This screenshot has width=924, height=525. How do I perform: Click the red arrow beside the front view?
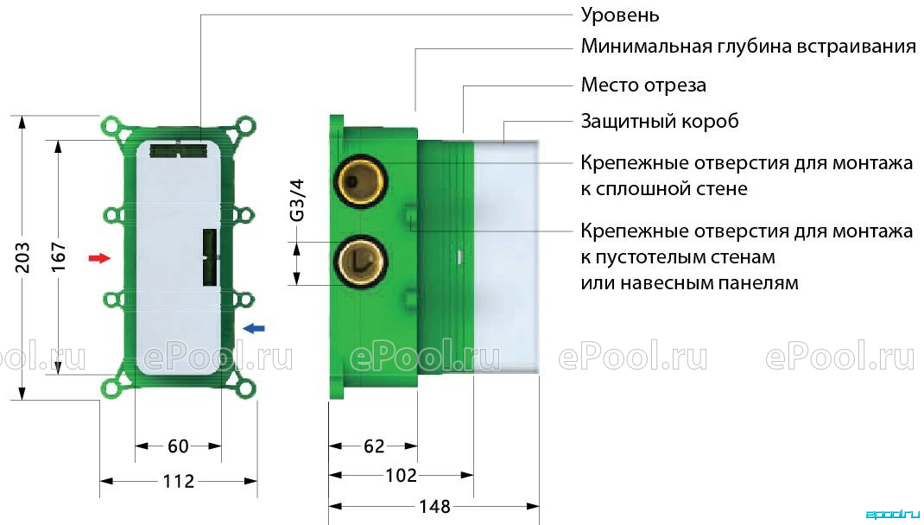coord(99,257)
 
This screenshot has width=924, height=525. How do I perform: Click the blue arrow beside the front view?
coord(254,327)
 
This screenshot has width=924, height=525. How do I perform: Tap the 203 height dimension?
coord(22,257)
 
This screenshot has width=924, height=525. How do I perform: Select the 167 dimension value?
coord(59,257)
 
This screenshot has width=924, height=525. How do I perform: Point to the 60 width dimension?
coord(178,446)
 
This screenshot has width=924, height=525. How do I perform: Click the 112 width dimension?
coord(178,482)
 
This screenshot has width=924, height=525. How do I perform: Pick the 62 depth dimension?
coord(374,446)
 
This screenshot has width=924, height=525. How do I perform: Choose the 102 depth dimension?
coord(401,475)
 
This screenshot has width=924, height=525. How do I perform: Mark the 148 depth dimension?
coord(434,506)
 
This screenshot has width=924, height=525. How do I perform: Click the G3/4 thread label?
coord(298,200)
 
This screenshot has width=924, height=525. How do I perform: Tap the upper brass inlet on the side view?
coord(360,180)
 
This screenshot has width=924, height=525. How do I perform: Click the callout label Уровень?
coord(620,15)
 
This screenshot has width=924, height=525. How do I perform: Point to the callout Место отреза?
coord(643,85)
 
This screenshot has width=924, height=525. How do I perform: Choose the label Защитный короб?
coord(660,122)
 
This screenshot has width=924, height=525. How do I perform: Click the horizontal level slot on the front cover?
coord(178,150)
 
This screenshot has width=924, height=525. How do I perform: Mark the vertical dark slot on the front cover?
coord(210,257)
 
